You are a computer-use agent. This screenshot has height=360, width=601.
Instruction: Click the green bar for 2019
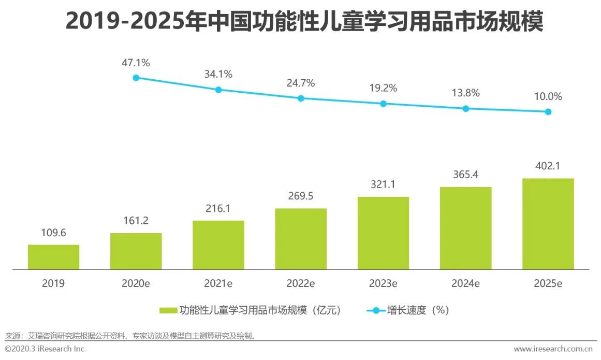pos(53,257)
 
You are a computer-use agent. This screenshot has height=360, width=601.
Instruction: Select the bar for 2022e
pos(301,239)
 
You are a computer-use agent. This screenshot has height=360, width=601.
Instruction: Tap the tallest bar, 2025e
pos(548,224)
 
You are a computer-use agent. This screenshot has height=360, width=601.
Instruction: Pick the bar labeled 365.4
pos(465,228)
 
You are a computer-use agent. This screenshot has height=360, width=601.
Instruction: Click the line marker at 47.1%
pos(136,78)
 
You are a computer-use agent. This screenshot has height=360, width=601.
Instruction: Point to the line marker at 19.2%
pos(383,104)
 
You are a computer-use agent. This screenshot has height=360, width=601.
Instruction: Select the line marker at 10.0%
pos(548,112)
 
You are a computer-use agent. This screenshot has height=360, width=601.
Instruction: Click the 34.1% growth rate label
pos(218,74)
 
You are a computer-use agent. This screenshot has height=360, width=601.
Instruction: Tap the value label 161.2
pos(136,221)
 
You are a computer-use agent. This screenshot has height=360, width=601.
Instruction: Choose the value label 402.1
pos(548,166)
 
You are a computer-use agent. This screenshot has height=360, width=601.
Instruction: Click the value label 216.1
pos(218,209)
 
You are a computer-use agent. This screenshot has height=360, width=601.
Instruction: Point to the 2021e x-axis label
pos(218,283)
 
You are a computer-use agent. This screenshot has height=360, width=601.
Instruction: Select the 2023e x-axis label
pos(383,283)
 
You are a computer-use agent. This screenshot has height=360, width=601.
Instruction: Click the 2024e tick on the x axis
pos(465,283)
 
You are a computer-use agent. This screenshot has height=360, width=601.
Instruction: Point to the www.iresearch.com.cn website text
pos(553,349)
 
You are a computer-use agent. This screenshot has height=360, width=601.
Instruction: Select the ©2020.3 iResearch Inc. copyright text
pos(46,349)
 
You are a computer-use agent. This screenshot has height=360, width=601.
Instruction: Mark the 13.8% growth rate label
pos(465,93)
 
